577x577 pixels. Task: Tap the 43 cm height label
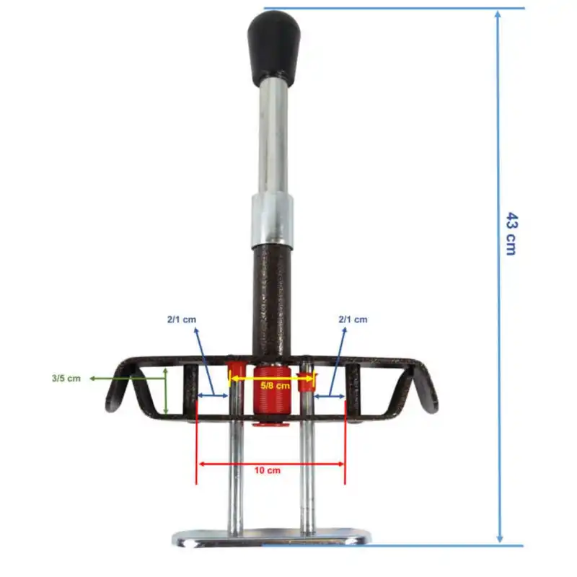511,234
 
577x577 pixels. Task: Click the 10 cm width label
267,470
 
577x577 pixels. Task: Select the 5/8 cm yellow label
274,386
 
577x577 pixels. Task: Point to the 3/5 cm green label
66,378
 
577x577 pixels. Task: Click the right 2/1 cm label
352,320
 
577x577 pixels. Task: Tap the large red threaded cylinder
272,397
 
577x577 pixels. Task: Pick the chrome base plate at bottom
273,538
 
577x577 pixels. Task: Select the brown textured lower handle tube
272,299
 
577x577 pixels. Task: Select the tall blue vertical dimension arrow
498,361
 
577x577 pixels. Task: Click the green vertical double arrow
166,390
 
